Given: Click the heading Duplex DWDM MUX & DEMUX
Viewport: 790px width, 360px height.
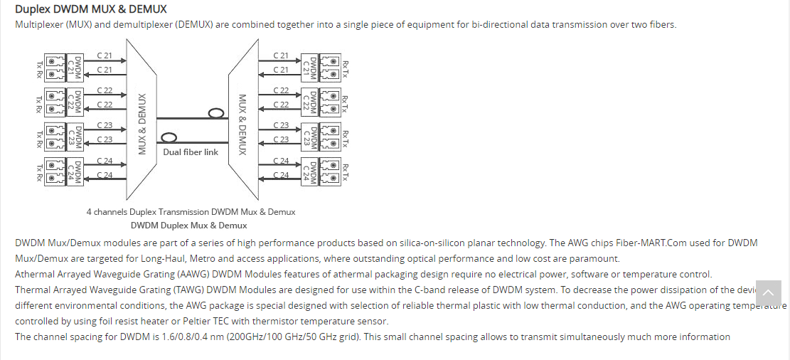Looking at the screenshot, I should [x=90, y=9].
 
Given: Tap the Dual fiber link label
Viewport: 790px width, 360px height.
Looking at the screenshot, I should [x=191, y=152].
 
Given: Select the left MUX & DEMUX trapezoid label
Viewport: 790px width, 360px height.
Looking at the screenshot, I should [x=142, y=124].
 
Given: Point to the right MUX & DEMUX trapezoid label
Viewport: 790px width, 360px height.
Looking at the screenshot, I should [x=242, y=125].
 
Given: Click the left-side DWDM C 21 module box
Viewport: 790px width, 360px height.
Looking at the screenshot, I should [x=73, y=67].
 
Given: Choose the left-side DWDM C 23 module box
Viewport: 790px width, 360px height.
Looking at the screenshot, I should [x=73, y=136].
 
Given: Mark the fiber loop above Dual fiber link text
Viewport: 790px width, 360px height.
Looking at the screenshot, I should [x=169, y=137].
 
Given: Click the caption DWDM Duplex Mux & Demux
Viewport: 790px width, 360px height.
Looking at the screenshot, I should [x=189, y=226].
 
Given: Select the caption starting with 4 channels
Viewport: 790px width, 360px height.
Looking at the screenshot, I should [x=191, y=212].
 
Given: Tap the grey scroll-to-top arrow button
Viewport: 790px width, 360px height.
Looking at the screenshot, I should [x=768, y=293].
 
